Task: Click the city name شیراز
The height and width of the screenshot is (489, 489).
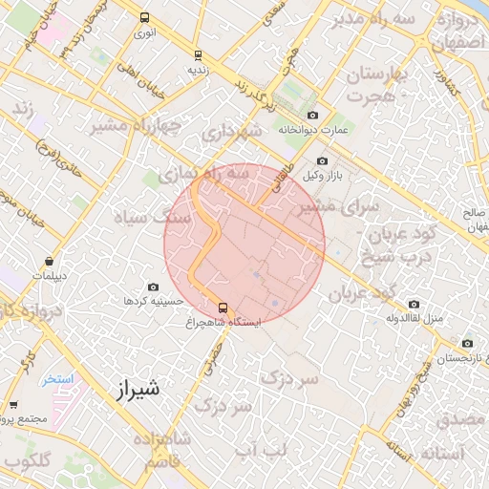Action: pyautogui.click(x=138, y=390)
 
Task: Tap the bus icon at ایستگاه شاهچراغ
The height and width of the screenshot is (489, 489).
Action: pyautogui.click(x=223, y=308)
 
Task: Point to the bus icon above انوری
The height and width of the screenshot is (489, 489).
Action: pyautogui.click(x=144, y=18)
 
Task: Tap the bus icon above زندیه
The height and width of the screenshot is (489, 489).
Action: pyautogui.click(x=198, y=55)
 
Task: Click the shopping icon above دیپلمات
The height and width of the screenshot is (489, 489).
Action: pyautogui.click(x=49, y=261)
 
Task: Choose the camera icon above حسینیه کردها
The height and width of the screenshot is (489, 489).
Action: pyautogui.click(x=153, y=287)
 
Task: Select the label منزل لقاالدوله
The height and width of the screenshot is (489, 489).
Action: pyautogui.click(x=419, y=316)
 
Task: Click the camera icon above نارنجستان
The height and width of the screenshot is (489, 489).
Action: pyautogui.click(x=467, y=344)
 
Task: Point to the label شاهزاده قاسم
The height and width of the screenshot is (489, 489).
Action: pyautogui.click(x=161, y=451)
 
